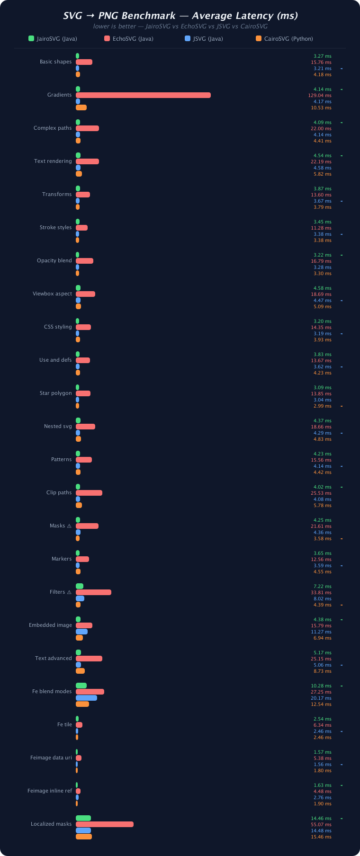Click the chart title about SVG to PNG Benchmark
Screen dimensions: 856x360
pos(180,16)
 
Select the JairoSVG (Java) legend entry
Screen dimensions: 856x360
pos(53,39)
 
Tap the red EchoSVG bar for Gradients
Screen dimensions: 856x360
pos(143,95)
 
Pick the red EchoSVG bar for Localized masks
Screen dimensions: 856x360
pos(105,824)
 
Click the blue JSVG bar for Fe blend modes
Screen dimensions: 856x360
pos(86,698)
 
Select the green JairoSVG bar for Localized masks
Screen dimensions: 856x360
pos(83,818)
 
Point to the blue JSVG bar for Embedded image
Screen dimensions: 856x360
pos(81,632)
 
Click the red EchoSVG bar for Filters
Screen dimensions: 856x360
pos(93,592)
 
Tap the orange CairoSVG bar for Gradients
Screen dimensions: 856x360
pos(81,107)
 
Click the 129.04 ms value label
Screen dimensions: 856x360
pos(320,96)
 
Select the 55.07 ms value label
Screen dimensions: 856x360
pos(321,825)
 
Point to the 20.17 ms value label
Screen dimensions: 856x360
pos(321,698)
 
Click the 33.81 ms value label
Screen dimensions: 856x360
pos(321,593)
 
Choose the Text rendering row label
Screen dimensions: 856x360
pos(53,161)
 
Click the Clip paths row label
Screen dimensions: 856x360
pos(59,493)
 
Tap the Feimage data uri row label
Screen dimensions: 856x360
pos(51,758)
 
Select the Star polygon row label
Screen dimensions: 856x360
pos(56,393)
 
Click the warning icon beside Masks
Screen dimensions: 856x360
pos(69,526)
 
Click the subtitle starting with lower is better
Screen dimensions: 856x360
pos(180,27)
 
